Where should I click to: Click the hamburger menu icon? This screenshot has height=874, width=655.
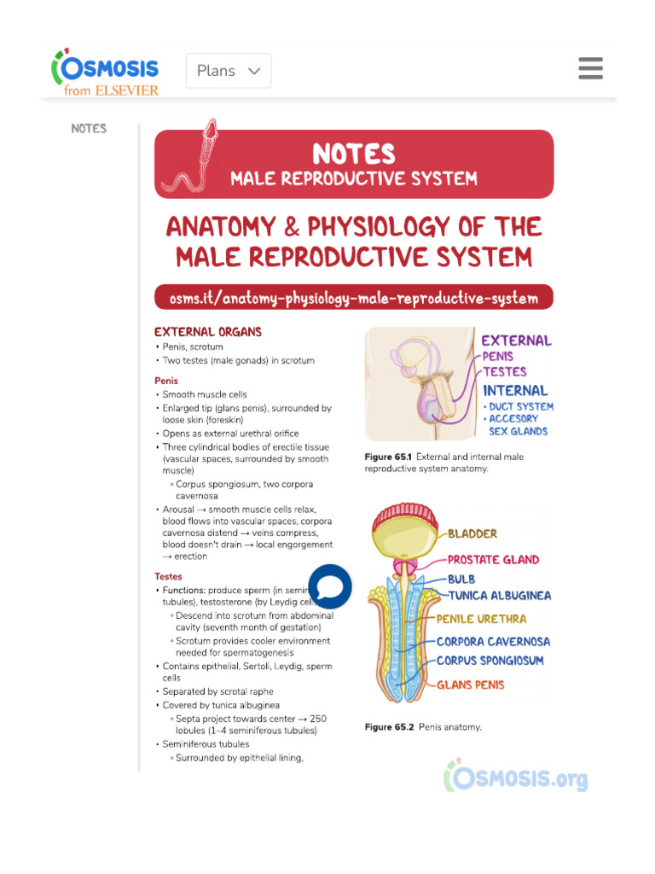(590, 68)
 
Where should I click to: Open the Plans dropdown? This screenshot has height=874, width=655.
(229, 71)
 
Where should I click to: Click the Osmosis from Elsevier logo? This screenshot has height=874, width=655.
(106, 72)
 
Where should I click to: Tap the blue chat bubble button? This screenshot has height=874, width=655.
(329, 586)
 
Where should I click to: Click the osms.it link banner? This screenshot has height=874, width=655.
(354, 298)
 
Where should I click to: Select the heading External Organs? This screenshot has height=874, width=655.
(208, 332)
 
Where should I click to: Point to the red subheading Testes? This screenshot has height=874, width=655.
(168, 576)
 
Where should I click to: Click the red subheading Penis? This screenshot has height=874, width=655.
(166, 381)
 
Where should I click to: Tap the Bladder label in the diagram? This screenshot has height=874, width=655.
(472, 534)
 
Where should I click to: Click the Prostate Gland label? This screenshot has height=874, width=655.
(494, 560)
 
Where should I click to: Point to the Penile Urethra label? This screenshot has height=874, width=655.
(482, 619)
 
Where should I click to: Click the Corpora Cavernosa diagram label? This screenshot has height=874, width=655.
(494, 641)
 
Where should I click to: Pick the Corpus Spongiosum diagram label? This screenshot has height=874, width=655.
(490, 661)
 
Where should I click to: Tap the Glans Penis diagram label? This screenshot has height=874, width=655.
(471, 685)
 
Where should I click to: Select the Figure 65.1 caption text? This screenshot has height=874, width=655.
(443, 463)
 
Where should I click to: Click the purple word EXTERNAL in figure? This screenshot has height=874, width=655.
(516, 341)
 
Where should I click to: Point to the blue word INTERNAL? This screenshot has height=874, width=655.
(515, 391)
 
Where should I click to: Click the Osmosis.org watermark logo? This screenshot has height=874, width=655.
(516, 777)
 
